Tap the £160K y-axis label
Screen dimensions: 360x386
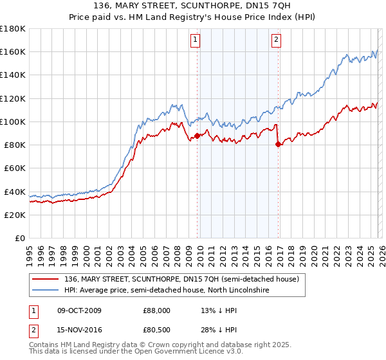(13, 51)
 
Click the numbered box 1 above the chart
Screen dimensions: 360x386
(196, 40)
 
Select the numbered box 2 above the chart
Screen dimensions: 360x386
(276, 40)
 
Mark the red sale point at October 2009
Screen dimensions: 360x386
(197, 135)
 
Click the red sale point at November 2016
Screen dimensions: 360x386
(278, 144)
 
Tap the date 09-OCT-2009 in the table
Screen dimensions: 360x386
(84, 310)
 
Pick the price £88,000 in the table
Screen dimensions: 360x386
(156, 310)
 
